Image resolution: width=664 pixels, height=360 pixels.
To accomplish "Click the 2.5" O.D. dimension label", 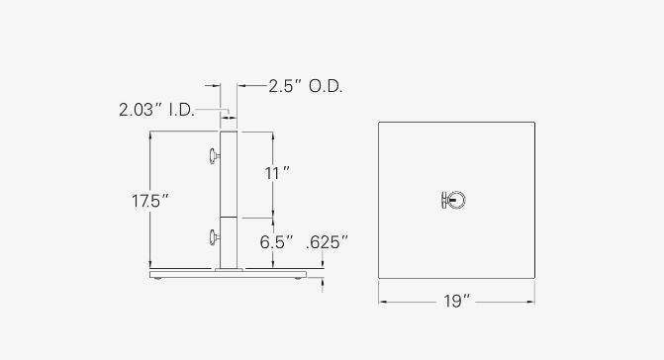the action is [x=306, y=86].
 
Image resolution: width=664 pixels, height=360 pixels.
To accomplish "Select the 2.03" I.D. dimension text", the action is [x=156, y=110].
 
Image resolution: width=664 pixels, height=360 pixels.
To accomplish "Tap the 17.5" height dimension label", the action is [x=150, y=201].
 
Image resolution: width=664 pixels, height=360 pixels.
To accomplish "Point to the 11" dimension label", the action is [x=277, y=173].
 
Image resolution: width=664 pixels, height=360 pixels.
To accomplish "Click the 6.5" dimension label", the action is [x=276, y=242].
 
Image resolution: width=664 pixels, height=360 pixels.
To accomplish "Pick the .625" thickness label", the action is [x=327, y=242].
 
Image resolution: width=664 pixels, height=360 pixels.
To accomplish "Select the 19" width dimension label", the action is [x=457, y=302].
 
